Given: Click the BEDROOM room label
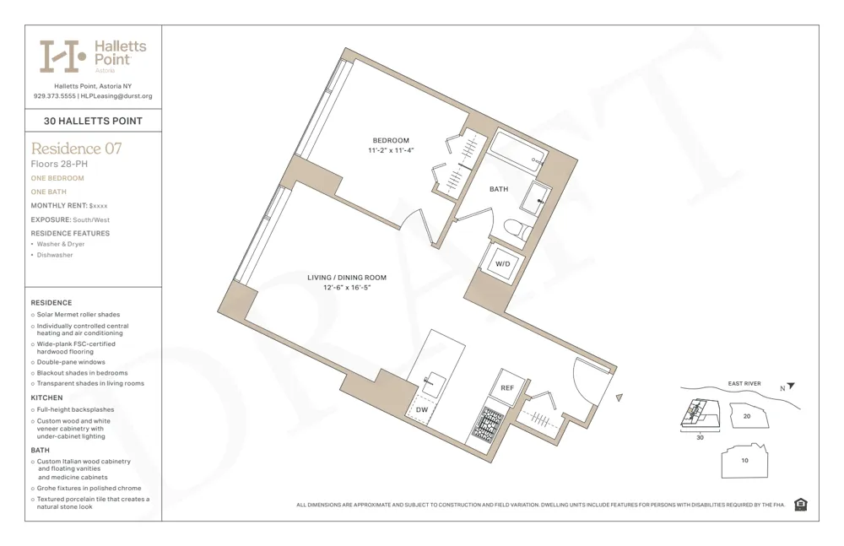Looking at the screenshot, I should coord(391,140).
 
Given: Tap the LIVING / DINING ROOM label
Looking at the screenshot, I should coord(347,278).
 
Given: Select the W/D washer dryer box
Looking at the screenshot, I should coord(502,263).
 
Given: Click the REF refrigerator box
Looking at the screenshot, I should coord(507,387).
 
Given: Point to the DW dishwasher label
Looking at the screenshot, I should coord(422,409).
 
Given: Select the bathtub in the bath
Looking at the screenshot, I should coord(519,152).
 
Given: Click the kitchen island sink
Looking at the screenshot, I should coord(435,385).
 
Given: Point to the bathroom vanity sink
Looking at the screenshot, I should coord(535,198).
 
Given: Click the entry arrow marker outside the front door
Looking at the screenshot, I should coord(619,397).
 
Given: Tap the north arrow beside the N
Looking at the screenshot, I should coord(791,387).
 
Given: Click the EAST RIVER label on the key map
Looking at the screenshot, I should coord(744,384).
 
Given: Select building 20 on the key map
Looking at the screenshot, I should coord(746,416).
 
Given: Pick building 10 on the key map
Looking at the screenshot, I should coord(744,461).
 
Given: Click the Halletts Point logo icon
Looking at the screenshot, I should coord(63,56).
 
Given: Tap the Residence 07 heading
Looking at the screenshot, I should coord(76,149).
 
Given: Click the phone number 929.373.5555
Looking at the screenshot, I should coord(54,96).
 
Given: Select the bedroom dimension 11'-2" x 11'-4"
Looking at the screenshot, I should coord(391,150).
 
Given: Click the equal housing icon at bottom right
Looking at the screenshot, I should coord(800,505).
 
